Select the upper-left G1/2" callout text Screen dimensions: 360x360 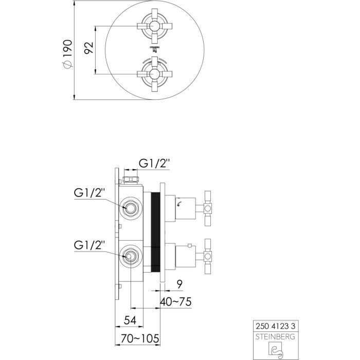[x=89, y=193]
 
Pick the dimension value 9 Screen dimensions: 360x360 [x=177, y=282]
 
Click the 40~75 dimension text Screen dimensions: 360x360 [x=175, y=302]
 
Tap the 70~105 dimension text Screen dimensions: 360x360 [x=137, y=339]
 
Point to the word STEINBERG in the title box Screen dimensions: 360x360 [x=276, y=336]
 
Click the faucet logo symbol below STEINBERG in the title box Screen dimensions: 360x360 [x=276, y=350]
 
